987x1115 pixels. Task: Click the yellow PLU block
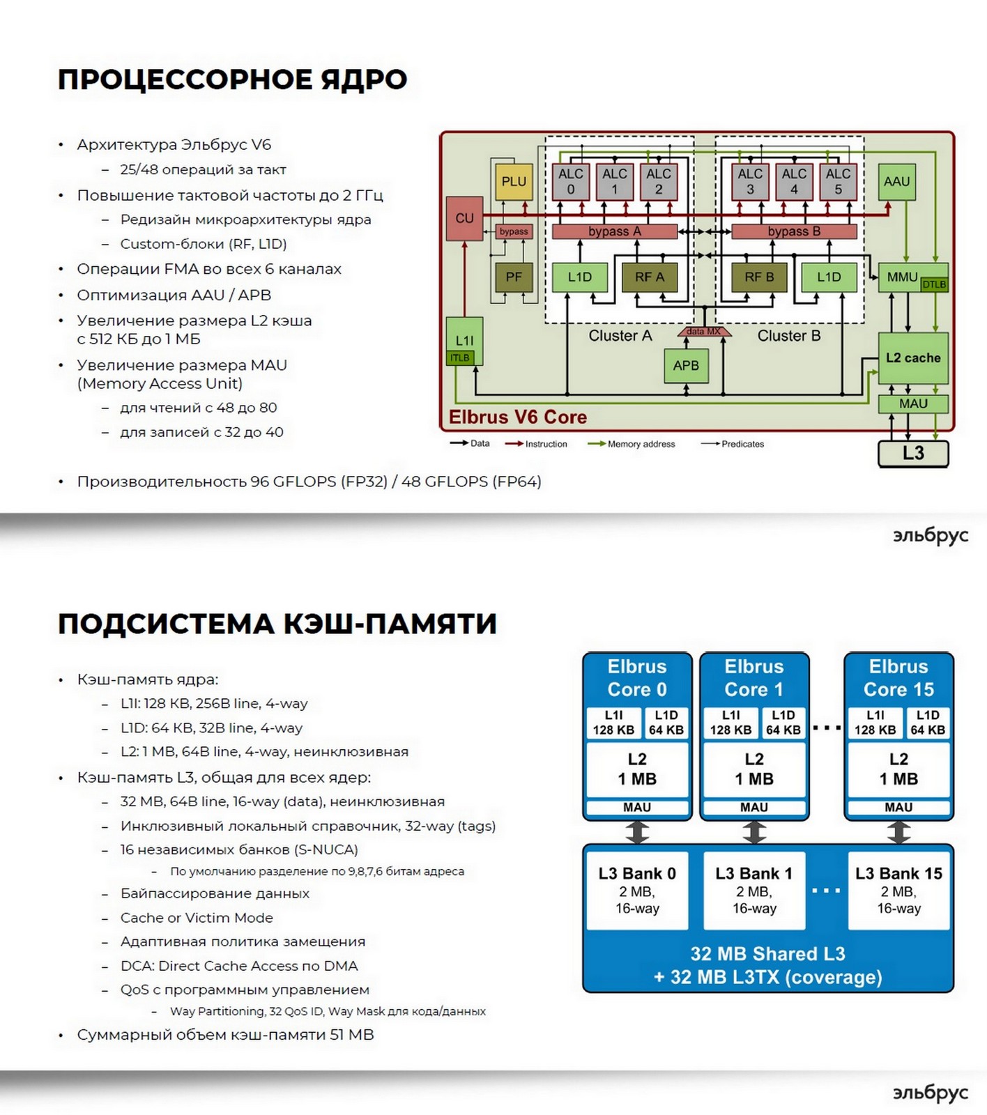pyautogui.click(x=514, y=181)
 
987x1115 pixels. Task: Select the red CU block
pyautogui.click(x=464, y=218)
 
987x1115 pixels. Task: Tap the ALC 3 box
pyautogui.click(x=750, y=181)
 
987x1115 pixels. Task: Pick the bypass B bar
pyautogui.click(x=794, y=231)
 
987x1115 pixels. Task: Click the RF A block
pyautogui.click(x=649, y=277)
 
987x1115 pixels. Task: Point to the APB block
pyautogui.click(x=686, y=365)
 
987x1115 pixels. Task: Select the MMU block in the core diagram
pyautogui.click(x=902, y=277)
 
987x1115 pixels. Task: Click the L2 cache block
pyautogui.click(x=913, y=357)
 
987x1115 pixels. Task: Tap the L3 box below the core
pyautogui.click(x=913, y=453)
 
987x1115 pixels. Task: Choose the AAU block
pyautogui.click(x=896, y=181)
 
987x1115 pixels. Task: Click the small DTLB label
pyautogui.click(x=934, y=284)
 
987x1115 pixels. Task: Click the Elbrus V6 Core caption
pyautogui.click(x=517, y=417)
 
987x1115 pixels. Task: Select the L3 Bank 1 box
pyautogui.click(x=754, y=890)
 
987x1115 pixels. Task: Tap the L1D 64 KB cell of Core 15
pyautogui.click(x=928, y=723)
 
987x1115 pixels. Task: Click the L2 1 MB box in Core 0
pyautogui.click(x=637, y=769)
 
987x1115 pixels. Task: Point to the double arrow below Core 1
pyautogui.click(x=754, y=832)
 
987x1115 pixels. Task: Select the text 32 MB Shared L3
pyautogui.click(x=767, y=953)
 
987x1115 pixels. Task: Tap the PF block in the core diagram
pyautogui.click(x=514, y=277)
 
